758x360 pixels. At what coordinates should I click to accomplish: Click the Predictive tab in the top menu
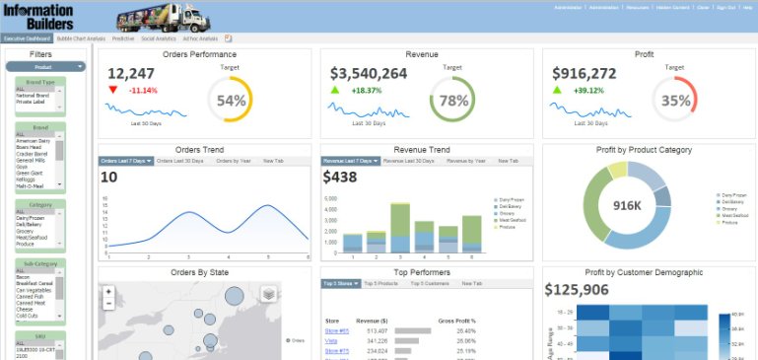pyautogui.click(x=122, y=38)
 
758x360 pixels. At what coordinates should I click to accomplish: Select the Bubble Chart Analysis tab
pyautogui.click(x=81, y=38)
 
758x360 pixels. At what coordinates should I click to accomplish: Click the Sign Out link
pyautogui.click(x=724, y=6)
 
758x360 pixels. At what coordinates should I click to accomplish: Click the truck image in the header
pyautogui.click(x=162, y=17)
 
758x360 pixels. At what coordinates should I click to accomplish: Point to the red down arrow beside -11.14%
pyautogui.click(x=113, y=90)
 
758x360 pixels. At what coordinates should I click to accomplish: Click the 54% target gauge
pyautogui.click(x=231, y=101)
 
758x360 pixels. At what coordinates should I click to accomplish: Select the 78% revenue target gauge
pyautogui.click(x=453, y=101)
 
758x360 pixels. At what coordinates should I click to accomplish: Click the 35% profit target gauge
pyautogui.click(x=675, y=101)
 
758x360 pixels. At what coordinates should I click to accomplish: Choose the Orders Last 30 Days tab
pyautogui.click(x=180, y=160)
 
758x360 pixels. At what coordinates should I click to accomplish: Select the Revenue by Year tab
pyautogui.click(x=466, y=160)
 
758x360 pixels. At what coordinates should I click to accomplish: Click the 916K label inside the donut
pyautogui.click(x=628, y=205)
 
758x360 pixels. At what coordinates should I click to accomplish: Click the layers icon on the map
pyautogui.click(x=268, y=294)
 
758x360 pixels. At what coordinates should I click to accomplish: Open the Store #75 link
pyautogui.click(x=337, y=350)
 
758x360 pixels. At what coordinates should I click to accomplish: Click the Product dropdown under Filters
pyautogui.click(x=45, y=67)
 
